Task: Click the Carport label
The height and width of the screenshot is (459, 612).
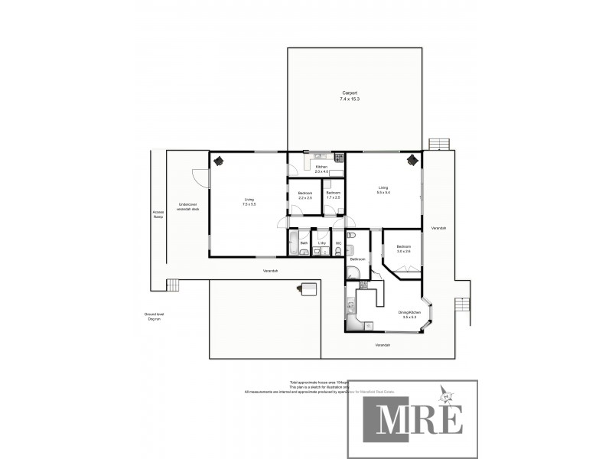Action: pos(349,93)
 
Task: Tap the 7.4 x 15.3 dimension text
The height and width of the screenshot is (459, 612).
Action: pos(349,99)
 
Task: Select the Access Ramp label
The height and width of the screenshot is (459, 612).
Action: pos(158,214)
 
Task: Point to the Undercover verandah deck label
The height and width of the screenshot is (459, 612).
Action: pos(187,207)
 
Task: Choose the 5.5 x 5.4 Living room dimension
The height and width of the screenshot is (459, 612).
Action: pos(383,192)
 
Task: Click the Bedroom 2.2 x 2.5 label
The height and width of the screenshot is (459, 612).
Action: pos(305,195)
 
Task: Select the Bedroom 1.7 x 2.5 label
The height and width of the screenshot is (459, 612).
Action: pos(333,195)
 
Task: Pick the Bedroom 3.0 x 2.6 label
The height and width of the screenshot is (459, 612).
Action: pos(403,249)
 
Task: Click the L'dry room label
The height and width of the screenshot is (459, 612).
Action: pos(322,243)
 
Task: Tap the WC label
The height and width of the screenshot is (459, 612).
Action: pos(338,243)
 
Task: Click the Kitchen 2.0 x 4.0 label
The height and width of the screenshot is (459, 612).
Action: pos(321,169)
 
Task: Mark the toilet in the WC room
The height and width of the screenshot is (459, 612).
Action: pos(338,252)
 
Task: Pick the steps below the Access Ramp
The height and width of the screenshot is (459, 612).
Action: pos(177,285)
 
